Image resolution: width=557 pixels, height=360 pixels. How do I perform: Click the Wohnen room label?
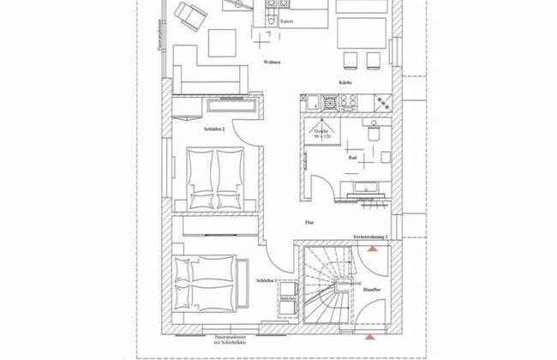[272, 63]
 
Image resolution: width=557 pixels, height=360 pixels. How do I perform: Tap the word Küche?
[345, 82]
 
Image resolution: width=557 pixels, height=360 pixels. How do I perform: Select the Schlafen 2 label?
[214, 129]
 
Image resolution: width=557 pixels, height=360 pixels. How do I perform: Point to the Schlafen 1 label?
[267, 281]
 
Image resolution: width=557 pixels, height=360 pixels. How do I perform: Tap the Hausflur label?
[371, 292]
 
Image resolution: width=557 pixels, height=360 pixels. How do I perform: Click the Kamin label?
[288, 21]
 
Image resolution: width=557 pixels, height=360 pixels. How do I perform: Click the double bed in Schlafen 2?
[214, 177]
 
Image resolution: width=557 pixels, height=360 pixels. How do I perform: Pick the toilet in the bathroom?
[373, 133]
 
